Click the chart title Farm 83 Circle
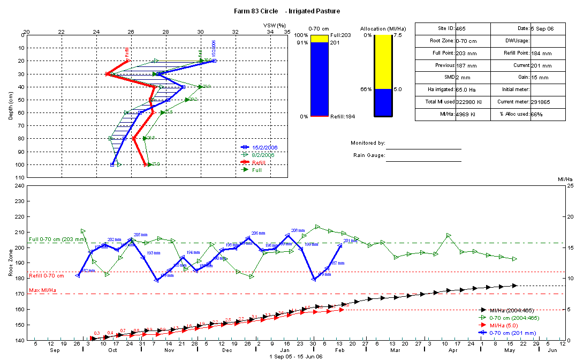(254, 11)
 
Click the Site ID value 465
(460, 28)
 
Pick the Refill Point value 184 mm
(541, 54)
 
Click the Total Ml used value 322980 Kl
(469, 102)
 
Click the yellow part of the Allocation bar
(383, 62)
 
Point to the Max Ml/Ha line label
(43, 290)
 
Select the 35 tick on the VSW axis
(287, 32)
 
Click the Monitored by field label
(368, 143)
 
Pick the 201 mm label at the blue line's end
(350, 241)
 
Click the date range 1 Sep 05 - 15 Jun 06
(296, 356)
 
